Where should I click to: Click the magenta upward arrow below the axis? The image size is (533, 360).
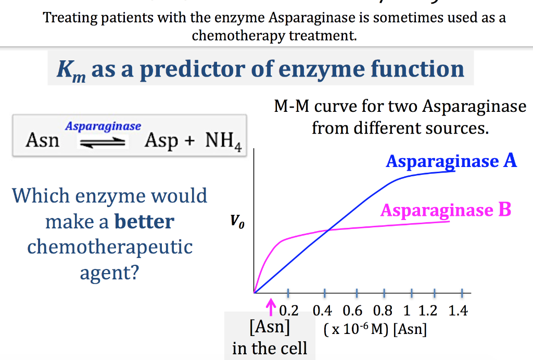pyautogui.click(x=270, y=310)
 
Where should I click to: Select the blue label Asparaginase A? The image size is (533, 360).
pyautogui.click(x=451, y=161)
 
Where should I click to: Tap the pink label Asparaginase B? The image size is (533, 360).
pyautogui.click(x=446, y=210)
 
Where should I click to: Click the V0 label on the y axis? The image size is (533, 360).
pyautogui.click(x=237, y=224)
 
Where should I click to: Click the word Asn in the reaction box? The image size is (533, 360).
pyautogui.click(x=42, y=140)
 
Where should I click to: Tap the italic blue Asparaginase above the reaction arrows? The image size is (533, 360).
pyautogui.click(x=103, y=126)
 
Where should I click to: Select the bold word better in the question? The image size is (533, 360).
pyautogui.click(x=144, y=222)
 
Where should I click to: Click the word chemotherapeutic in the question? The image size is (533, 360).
pyautogui.click(x=110, y=247)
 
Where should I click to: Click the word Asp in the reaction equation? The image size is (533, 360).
pyautogui.click(x=161, y=140)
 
